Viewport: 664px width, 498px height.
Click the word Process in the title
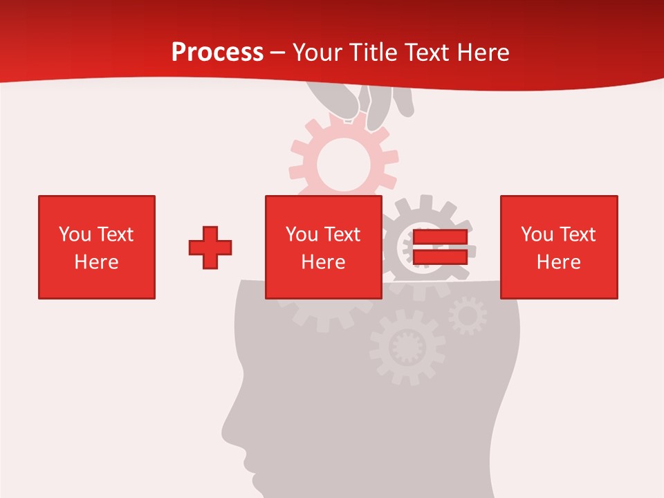coord(217,52)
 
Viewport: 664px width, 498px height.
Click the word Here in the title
coord(481,53)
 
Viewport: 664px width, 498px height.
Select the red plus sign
coord(210,248)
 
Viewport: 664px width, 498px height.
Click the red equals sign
coord(440,248)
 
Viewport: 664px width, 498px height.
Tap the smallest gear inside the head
coord(468,316)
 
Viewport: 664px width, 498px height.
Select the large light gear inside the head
coord(407,346)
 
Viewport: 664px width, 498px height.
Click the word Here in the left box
coord(96,262)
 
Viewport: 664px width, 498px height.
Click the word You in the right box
coord(537,234)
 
